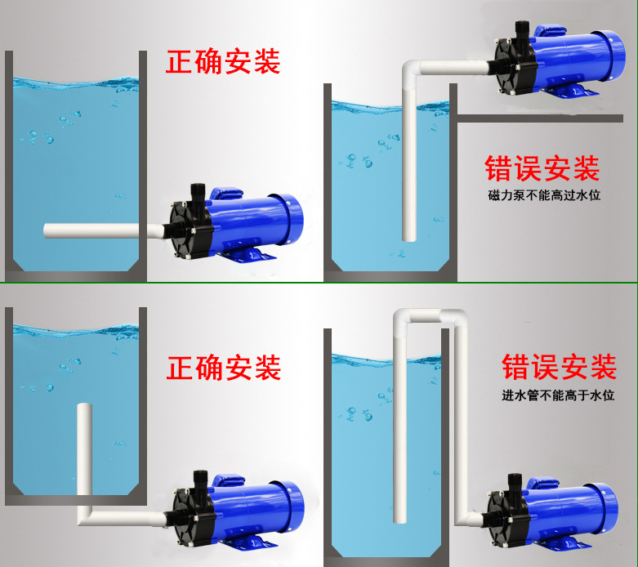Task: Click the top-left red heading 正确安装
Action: (x=222, y=61)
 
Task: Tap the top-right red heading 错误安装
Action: (x=542, y=168)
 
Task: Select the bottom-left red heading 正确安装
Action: (x=223, y=368)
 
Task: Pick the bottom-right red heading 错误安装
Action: (x=559, y=367)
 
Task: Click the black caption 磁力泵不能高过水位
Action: (x=544, y=195)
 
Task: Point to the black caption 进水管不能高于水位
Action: (x=558, y=395)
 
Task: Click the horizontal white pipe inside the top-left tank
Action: (x=91, y=230)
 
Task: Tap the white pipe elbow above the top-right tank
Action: (x=411, y=70)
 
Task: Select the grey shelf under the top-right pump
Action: (x=540, y=118)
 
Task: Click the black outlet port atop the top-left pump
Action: (x=198, y=193)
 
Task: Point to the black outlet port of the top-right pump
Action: (x=522, y=30)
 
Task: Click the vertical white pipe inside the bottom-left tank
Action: (x=84, y=449)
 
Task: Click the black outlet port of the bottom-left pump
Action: (x=200, y=481)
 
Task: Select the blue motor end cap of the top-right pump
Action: (x=614, y=54)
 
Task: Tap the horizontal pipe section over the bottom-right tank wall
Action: (x=426, y=315)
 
